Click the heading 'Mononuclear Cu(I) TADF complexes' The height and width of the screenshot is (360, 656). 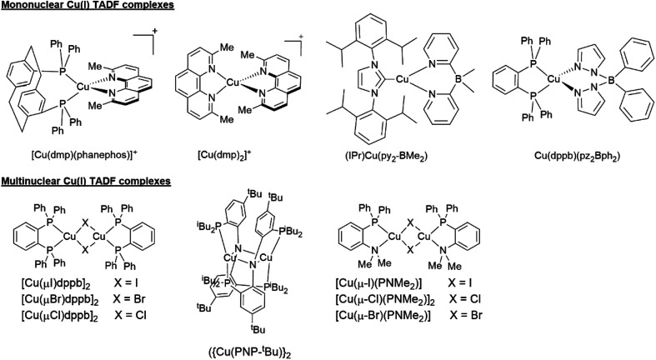[88, 7]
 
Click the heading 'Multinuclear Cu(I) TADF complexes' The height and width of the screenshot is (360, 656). [86, 181]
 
